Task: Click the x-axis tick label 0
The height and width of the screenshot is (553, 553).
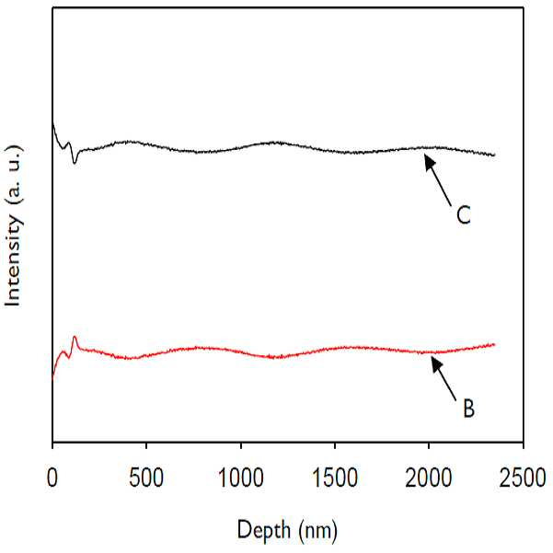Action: tap(52, 478)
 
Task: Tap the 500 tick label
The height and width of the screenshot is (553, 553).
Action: tap(146, 478)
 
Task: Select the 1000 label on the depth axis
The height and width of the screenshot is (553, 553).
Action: tap(241, 478)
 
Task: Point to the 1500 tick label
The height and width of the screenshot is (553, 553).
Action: tap(335, 478)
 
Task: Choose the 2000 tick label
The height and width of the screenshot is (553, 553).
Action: tap(429, 478)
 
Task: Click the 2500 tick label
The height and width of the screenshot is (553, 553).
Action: tap(523, 478)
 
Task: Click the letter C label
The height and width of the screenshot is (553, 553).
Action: tap(464, 214)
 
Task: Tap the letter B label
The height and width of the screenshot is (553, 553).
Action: tap(468, 408)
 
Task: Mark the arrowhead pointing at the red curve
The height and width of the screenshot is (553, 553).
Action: tap(436, 363)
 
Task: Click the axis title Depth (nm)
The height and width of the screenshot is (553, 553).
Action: tap(287, 530)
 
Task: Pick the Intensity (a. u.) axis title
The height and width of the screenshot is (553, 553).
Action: tap(14, 226)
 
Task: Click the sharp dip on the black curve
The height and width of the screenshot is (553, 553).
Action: tap(74, 163)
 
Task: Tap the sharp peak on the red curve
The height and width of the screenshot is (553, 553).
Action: tap(75, 337)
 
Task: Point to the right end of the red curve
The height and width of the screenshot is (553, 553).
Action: tap(494, 344)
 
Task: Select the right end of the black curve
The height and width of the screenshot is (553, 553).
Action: tap(494, 155)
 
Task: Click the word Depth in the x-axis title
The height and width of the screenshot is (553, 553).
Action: tap(264, 530)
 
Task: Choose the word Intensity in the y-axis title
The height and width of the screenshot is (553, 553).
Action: tap(13, 260)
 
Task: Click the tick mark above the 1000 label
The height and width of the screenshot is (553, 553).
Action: tap(241, 445)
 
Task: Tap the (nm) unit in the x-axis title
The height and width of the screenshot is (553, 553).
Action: tap(317, 531)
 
